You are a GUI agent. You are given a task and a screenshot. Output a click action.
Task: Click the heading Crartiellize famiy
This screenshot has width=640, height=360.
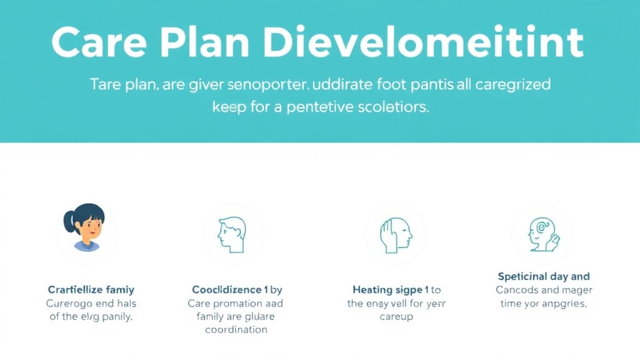coord(91,290)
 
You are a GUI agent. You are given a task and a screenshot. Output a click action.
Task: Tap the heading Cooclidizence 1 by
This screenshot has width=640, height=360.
coord(237,290)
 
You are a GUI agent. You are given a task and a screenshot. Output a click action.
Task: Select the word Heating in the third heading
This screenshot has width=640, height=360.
coord(372,290)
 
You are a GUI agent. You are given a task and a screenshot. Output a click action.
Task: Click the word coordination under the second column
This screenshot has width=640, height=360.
coord(236,329)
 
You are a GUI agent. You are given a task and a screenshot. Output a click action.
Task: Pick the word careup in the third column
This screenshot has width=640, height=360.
coord(396,316)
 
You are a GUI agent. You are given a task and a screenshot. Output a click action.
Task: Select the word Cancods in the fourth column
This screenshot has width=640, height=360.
coord(517,290)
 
